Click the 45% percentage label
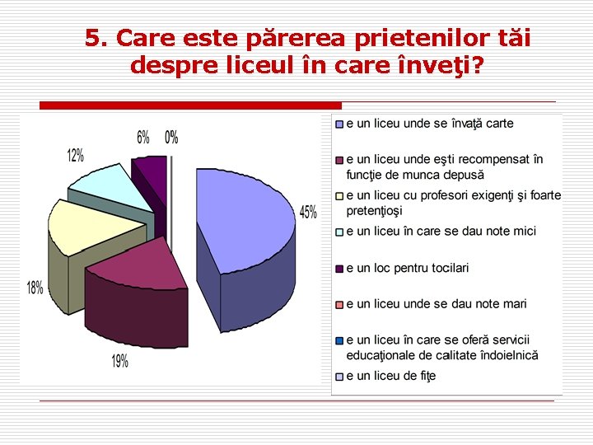[x=308, y=213]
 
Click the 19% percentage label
[x=119, y=361]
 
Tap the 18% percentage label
[x=35, y=288]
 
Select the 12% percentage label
[x=76, y=155]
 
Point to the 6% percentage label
[x=143, y=137]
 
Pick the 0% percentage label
[x=171, y=137]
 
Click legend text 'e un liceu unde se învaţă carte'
[x=429, y=124]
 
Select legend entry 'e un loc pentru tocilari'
[x=407, y=268]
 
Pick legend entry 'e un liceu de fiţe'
[x=390, y=376]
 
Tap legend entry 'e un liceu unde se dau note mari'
[x=436, y=304]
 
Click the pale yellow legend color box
[x=339, y=196]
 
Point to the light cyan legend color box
[x=339, y=232]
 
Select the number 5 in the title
[x=93, y=38]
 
